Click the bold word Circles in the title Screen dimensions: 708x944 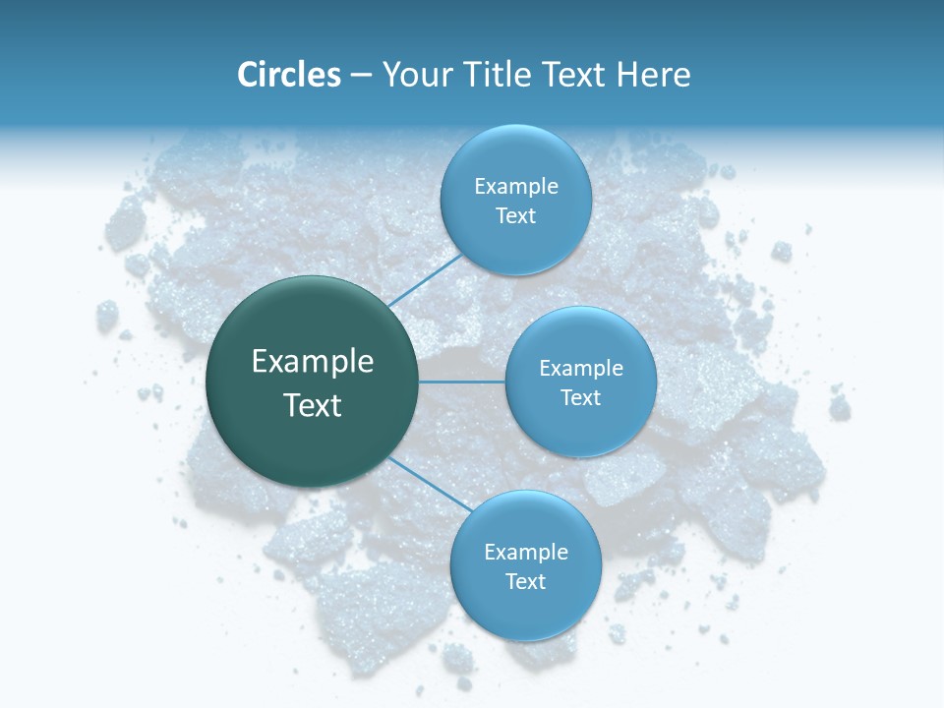(289, 75)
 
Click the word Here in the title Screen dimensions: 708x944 (653, 75)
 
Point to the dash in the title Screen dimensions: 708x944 (361, 76)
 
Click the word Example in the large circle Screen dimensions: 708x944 (313, 362)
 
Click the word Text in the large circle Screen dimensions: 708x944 (313, 405)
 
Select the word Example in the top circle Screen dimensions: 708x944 (516, 186)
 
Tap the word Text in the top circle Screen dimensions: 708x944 (516, 216)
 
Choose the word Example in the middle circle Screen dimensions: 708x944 (581, 368)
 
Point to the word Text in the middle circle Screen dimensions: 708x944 (581, 398)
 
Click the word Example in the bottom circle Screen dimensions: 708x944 (526, 552)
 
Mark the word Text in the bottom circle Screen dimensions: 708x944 (526, 582)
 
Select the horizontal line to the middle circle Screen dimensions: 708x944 (462, 382)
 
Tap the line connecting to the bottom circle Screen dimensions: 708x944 (431, 483)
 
